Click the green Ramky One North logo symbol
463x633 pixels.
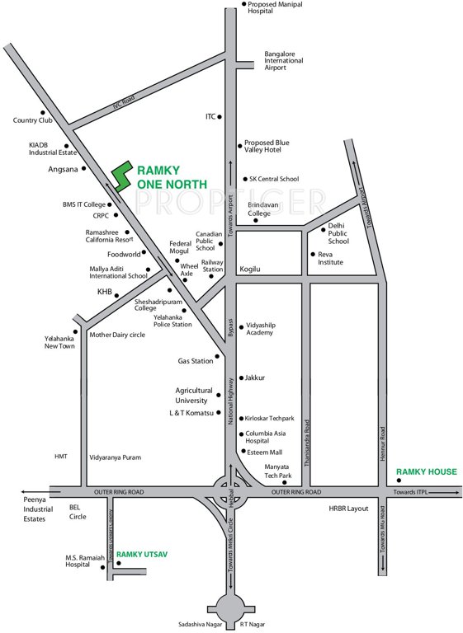coord(121,173)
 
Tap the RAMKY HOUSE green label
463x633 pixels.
coord(426,472)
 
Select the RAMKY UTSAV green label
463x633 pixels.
coord(142,555)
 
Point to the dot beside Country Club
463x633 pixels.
coord(42,112)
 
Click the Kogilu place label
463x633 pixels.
coord(250,270)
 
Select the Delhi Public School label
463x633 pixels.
coord(338,233)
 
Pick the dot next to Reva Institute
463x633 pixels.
coord(311,254)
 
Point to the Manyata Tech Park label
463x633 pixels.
coord(278,471)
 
